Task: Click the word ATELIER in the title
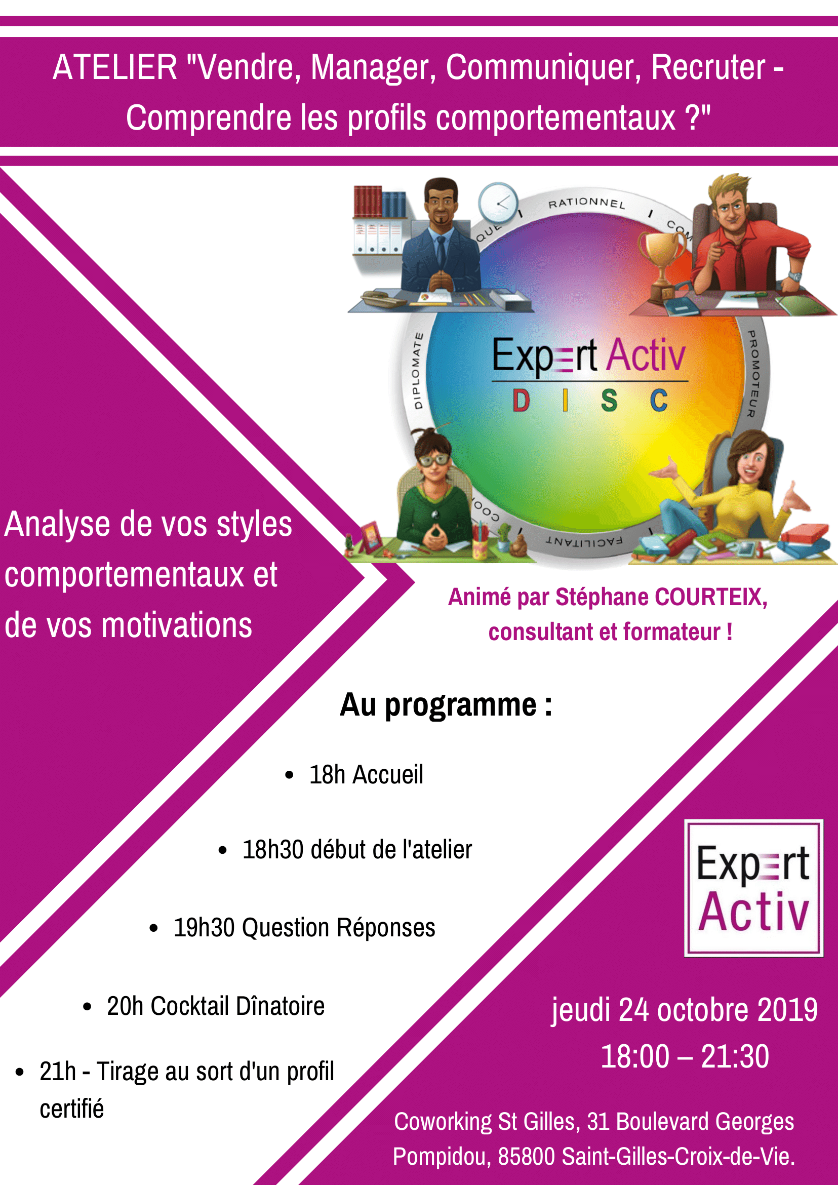point(114,68)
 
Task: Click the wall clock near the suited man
point(498,203)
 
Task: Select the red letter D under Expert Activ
point(521,401)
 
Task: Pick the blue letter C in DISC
point(658,401)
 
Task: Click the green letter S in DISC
point(609,401)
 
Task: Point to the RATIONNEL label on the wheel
point(587,203)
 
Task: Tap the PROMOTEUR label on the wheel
point(754,374)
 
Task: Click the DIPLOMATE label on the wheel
point(417,371)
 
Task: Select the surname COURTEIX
point(710,597)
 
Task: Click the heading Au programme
point(446,705)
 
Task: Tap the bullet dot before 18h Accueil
point(289,775)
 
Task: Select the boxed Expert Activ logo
point(753,888)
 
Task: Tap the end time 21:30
point(735,1056)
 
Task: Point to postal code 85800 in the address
point(526,1156)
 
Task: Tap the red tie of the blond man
point(739,263)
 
